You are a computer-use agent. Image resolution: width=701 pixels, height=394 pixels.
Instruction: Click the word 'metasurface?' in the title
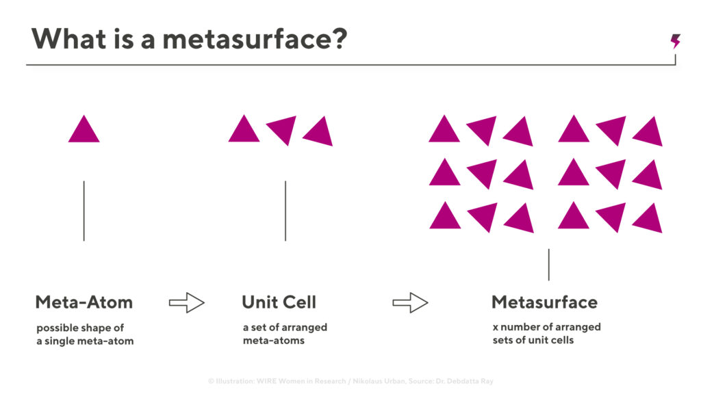255,39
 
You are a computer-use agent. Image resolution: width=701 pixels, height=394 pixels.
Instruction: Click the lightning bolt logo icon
676,41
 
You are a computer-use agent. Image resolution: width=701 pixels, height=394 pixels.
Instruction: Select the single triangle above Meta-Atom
84,129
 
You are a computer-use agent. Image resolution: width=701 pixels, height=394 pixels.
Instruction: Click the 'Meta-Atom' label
84,302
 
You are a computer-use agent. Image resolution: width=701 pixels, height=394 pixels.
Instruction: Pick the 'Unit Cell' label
279,302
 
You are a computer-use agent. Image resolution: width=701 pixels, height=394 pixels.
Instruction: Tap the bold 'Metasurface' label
544,302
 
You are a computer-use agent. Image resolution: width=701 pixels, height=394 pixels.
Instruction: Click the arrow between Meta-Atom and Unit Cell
186,303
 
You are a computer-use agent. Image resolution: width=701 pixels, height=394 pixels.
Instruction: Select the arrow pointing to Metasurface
410,303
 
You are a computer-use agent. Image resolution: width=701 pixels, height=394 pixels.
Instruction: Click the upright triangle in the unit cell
244,129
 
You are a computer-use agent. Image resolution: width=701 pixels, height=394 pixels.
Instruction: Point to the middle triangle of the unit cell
283,129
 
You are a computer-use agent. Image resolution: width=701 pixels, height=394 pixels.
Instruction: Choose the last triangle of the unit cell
320,132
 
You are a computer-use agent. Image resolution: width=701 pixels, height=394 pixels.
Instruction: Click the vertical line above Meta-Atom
84,211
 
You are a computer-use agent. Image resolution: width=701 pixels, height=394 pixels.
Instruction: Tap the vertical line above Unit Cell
285,211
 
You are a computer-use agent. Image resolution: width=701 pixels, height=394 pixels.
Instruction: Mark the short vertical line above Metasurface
548,265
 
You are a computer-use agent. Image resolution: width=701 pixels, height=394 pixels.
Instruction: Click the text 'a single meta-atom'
85,341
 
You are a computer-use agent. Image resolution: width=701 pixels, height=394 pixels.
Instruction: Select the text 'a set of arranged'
285,328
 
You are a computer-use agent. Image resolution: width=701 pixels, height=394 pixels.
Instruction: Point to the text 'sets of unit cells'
533,340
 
